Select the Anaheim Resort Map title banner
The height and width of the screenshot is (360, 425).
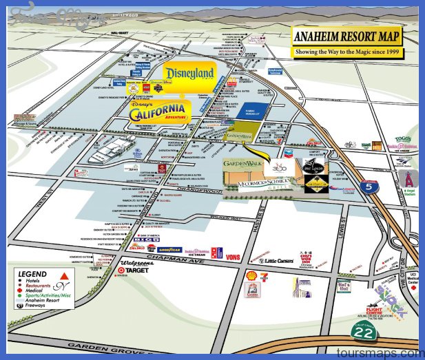coord(347,38)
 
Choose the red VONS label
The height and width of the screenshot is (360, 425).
coord(233,257)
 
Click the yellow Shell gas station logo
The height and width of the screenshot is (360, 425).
coord(251,276)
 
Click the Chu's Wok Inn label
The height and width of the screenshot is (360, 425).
coord(315,257)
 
